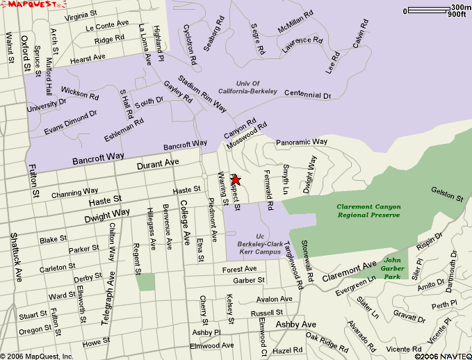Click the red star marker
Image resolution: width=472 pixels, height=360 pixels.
pyautogui.click(x=236, y=180)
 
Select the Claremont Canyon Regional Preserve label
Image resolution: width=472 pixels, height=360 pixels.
pyautogui.click(x=368, y=211)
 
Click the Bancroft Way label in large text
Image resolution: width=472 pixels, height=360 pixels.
pyautogui.click(x=98, y=158)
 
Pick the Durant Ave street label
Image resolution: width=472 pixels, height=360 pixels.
pyautogui.click(x=158, y=163)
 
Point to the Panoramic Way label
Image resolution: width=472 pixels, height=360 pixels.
pyautogui.click(x=301, y=142)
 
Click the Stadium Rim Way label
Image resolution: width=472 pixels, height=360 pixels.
pyautogui.click(x=202, y=93)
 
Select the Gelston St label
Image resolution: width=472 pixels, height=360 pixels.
pyautogui.click(x=446, y=193)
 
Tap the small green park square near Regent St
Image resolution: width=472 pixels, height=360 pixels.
pyautogui.click(x=145, y=281)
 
